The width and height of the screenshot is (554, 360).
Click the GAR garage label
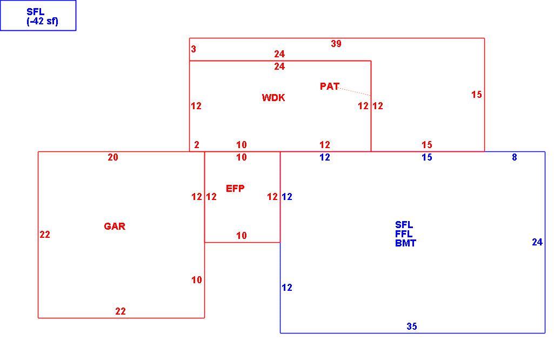pyautogui.click(x=115, y=226)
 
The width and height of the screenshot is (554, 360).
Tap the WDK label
pyautogui.click(x=273, y=97)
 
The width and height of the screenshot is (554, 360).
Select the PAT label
pyautogui.click(x=329, y=86)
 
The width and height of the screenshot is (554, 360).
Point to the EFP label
pyautogui.click(x=235, y=188)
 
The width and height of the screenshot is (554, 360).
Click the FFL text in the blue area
pyautogui.click(x=404, y=234)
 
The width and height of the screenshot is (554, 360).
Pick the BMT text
pyautogui.click(x=405, y=243)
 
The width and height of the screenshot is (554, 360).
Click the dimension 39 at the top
pyautogui.click(x=336, y=43)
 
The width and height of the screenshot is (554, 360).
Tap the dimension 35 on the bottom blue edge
pyautogui.click(x=412, y=326)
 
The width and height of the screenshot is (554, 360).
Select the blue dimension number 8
pyautogui.click(x=515, y=157)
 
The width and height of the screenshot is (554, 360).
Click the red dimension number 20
pyautogui.click(x=113, y=157)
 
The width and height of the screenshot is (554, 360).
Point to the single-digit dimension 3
pyautogui.click(x=193, y=49)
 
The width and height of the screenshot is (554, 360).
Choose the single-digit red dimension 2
pyautogui.click(x=196, y=144)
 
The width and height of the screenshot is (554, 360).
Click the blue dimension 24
pyautogui.click(x=537, y=242)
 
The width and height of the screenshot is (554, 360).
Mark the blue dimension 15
pyautogui.click(x=427, y=157)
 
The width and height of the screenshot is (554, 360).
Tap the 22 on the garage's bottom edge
pyautogui.click(x=120, y=311)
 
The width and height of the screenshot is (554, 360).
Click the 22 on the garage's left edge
pyautogui.click(x=45, y=234)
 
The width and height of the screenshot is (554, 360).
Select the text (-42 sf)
pyautogui.click(x=42, y=21)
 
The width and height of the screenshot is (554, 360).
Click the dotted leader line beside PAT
pyautogui.click(x=355, y=91)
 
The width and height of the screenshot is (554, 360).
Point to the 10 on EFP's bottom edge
pyautogui.click(x=241, y=235)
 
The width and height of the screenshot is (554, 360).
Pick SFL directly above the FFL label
pyautogui.click(x=404, y=225)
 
